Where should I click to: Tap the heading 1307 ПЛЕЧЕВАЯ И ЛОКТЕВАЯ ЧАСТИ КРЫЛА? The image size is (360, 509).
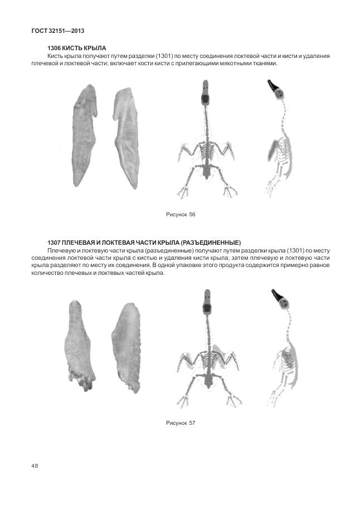pyautogui.click(x=144, y=243)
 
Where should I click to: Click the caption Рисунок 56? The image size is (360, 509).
pyautogui.click(x=181, y=215)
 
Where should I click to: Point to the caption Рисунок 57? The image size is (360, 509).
pyautogui.click(x=181, y=423)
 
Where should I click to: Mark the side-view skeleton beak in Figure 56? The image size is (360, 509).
pyautogui.click(x=273, y=85)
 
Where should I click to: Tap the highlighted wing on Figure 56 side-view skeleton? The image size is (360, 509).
pyautogui.click(x=273, y=151)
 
